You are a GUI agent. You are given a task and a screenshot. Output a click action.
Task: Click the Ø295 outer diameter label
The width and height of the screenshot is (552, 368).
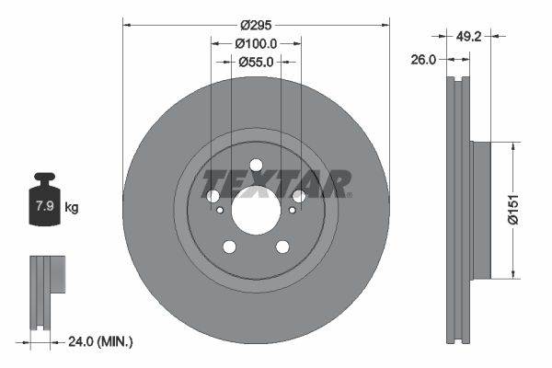pos(256,25)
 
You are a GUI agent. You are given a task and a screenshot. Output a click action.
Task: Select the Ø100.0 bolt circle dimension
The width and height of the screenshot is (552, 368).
pos(256,43)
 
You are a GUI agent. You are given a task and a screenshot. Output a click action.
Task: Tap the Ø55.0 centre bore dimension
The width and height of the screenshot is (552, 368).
pos(256,63)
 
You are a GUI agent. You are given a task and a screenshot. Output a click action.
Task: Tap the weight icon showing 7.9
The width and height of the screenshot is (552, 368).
pos(44,203)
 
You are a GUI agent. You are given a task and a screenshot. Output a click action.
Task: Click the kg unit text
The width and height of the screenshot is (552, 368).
pos(72,208)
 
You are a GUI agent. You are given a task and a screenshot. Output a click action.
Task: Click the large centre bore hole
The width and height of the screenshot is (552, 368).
pos(256,210)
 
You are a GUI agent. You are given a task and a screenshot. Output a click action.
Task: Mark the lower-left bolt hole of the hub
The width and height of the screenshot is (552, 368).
pos(229,246)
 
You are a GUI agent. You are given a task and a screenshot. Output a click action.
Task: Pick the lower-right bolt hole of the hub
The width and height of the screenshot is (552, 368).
pos(282,246)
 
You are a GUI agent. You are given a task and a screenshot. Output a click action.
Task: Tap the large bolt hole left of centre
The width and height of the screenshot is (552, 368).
pos(213,196)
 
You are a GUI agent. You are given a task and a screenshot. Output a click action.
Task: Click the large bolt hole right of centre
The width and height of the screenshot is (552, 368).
pos(299,196)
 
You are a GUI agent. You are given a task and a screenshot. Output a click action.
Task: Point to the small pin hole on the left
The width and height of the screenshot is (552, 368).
pos(221,211)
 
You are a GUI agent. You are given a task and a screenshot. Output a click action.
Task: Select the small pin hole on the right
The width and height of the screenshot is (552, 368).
pos(292,211)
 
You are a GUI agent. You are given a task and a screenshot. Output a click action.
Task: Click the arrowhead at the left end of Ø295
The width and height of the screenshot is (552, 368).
pos(126,25)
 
